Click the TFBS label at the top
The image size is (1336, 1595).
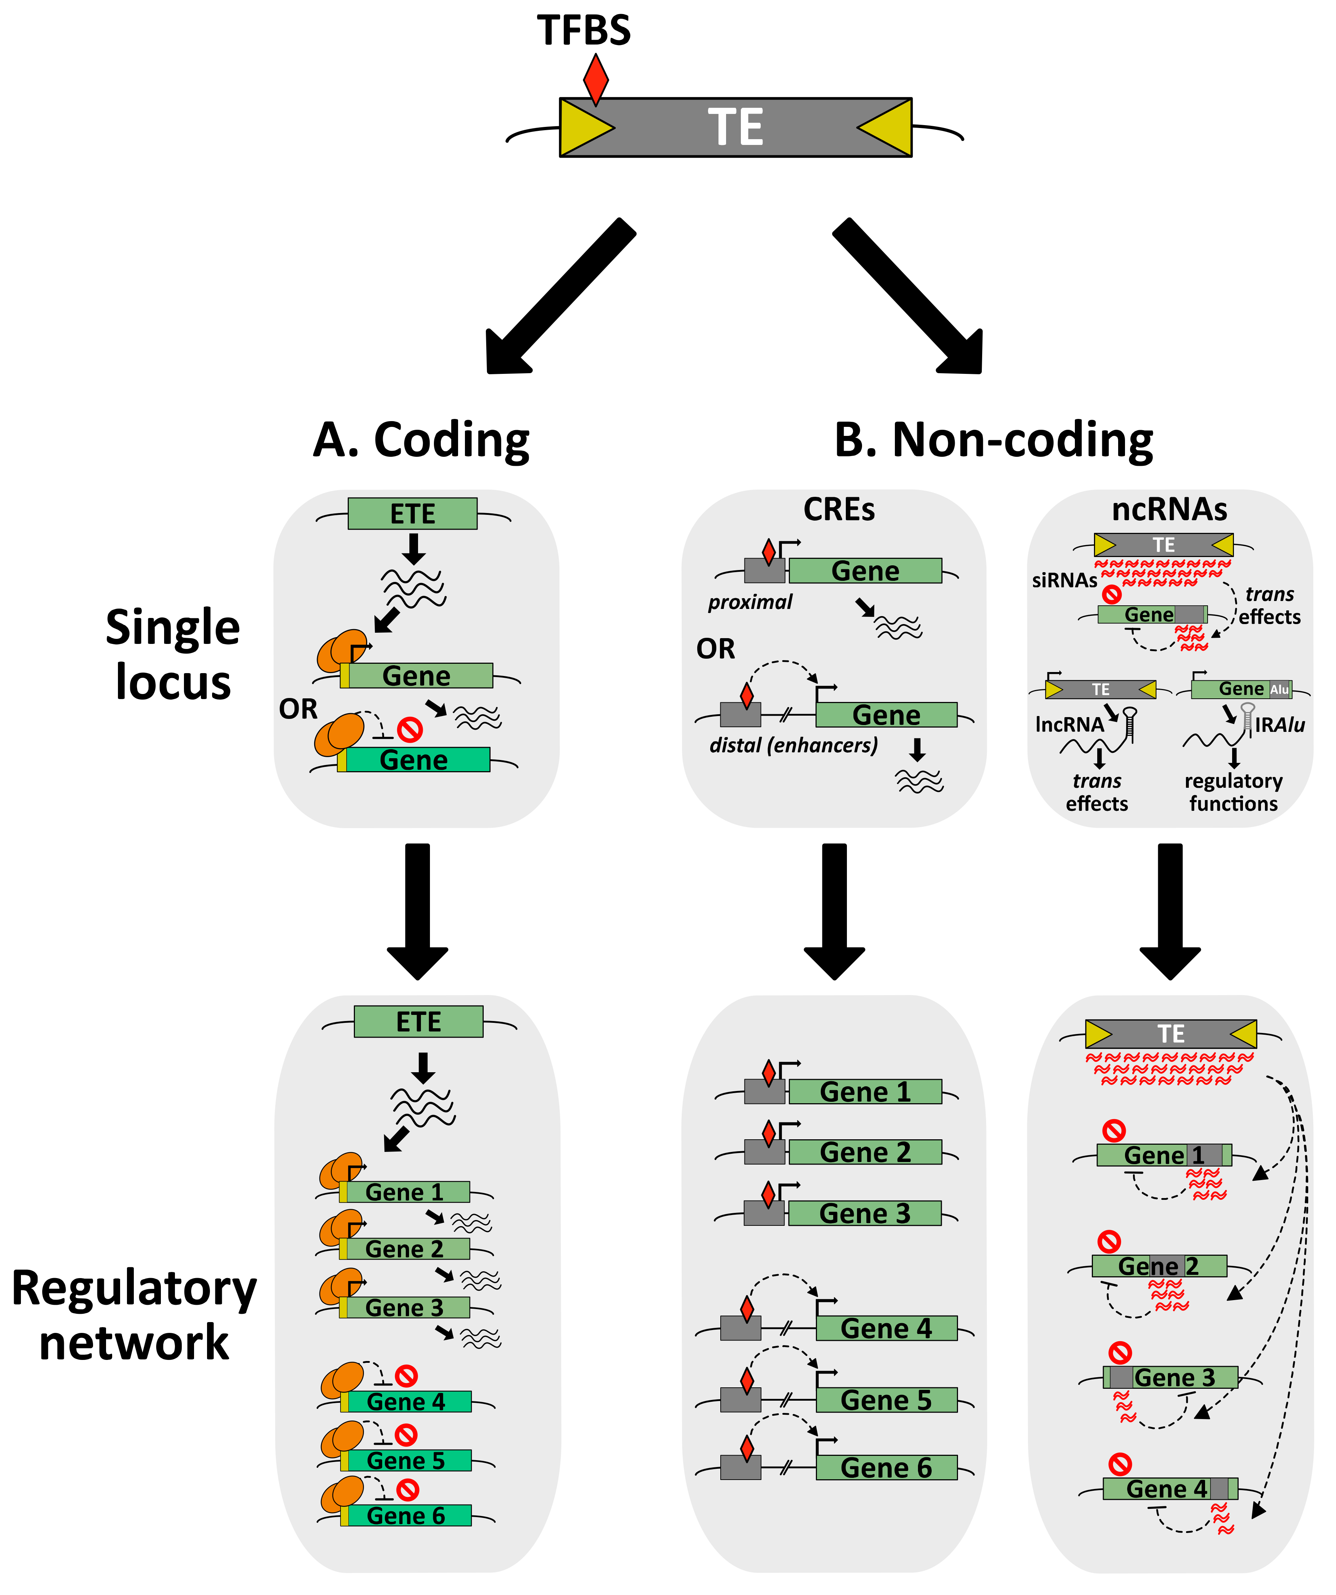pyautogui.click(x=584, y=30)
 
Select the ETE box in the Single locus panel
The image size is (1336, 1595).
pyautogui.click(x=413, y=513)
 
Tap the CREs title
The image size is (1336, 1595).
pyautogui.click(x=839, y=509)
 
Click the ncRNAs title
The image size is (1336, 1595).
pyautogui.click(x=1170, y=509)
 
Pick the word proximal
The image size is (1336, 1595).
pyautogui.click(x=750, y=602)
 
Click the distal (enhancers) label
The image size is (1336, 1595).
pyautogui.click(x=794, y=745)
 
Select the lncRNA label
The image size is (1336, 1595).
pyautogui.click(x=1069, y=725)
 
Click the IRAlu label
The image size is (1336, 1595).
pyautogui.click(x=1280, y=725)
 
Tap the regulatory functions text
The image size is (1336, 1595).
pyautogui.click(x=1234, y=792)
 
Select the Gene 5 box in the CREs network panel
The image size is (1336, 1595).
pyautogui.click(x=886, y=1400)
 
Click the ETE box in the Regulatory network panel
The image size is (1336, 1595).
pyautogui.click(x=419, y=1021)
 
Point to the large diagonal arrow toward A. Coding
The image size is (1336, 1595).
pyautogui.click(x=561, y=296)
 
